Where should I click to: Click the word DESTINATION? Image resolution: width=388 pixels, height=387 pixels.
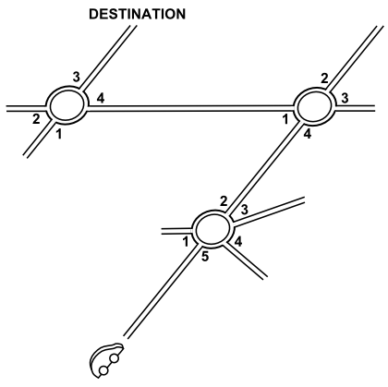coord(138,14)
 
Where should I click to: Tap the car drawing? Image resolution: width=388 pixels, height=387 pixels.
coord(106,360)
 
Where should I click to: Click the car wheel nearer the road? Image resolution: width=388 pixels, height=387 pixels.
coord(115,358)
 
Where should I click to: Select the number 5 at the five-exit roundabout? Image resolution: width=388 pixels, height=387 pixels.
coord(205,257)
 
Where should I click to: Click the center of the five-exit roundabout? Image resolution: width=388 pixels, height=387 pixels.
coord(212,228)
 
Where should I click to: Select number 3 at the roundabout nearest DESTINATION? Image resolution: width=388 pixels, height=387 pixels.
coord(77,77)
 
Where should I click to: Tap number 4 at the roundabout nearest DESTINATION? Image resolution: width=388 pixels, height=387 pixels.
coord(101,98)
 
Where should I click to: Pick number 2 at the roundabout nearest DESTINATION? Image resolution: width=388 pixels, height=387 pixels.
coord(36,119)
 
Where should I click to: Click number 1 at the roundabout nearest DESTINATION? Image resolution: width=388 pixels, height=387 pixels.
coord(59,134)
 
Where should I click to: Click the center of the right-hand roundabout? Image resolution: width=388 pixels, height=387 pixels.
coord(314,106)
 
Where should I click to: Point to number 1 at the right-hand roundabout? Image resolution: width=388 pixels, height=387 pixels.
coord(285,120)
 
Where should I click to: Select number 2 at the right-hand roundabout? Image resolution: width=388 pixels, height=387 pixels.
coord(324,79)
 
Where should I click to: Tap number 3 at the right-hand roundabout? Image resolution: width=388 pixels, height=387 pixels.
coord(345,98)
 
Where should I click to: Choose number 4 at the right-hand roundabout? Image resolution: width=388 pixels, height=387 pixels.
coord(307,134)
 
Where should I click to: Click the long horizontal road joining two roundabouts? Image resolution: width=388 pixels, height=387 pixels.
coord(190,108)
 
